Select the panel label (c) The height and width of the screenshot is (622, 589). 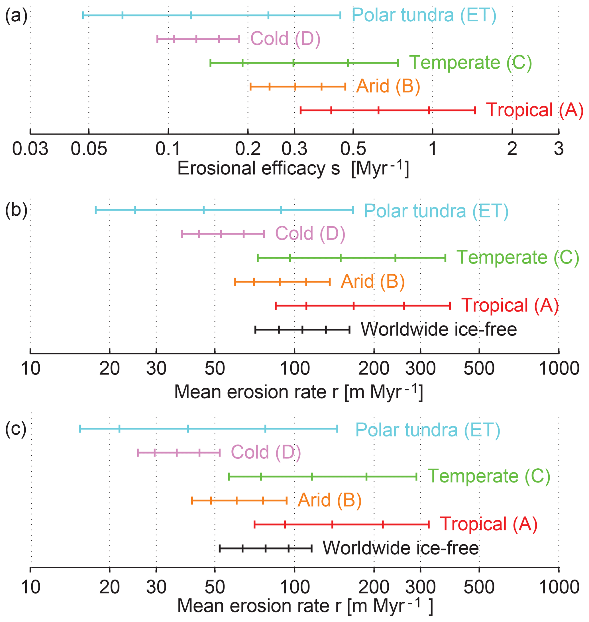[x=16, y=429]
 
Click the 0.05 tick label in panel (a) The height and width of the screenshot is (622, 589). [x=89, y=149]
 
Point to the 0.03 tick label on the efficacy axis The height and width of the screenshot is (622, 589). [x=30, y=149]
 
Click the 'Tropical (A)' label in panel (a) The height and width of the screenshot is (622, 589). [x=534, y=110]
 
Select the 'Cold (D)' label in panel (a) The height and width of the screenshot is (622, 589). [x=285, y=39]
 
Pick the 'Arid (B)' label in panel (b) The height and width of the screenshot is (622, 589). [x=373, y=281]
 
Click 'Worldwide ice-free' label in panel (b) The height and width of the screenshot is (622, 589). [x=439, y=329]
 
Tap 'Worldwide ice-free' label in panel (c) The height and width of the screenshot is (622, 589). [x=401, y=548]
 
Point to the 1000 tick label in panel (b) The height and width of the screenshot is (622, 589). [x=559, y=368]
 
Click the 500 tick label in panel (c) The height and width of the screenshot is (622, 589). [x=479, y=587]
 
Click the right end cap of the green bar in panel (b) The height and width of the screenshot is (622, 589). [x=445, y=258]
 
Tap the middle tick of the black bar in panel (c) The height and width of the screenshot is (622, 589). [x=266, y=548]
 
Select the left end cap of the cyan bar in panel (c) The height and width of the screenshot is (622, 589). [x=80, y=429]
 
